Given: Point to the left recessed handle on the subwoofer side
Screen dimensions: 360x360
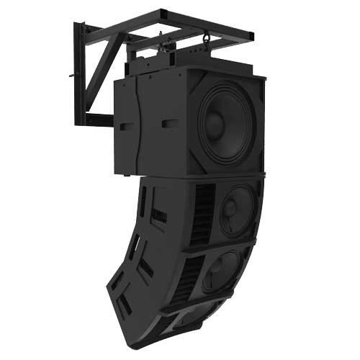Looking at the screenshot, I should pos(126,125).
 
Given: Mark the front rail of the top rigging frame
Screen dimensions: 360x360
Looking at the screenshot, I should pos(205,24).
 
